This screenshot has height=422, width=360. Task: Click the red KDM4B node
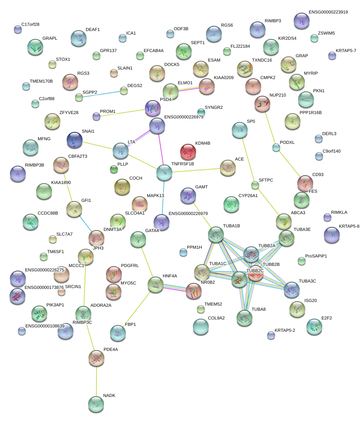click(x=188, y=152)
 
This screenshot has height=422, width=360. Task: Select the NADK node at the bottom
click(x=96, y=404)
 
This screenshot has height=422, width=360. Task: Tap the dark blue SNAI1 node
click(x=75, y=140)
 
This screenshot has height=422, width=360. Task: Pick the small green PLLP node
click(x=114, y=169)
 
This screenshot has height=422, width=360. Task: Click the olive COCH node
click(x=122, y=187)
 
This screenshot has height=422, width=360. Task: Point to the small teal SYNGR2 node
click(x=201, y=112)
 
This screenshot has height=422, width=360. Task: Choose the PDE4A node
click(x=96, y=358)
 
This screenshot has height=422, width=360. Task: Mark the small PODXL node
click(x=276, y=147)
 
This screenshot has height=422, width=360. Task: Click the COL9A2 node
click(x=201, y=327)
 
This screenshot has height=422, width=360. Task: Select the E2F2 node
click(x=314, y=327)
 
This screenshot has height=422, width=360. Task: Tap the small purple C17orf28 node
click(x=18, y=30)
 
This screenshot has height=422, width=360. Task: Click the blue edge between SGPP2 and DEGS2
click(x=101, y=94)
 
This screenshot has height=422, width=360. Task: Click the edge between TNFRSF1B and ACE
click(x=196, y=170)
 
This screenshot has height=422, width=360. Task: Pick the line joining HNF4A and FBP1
click(x=137, y=309)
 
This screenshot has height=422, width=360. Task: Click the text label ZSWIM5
click(x=326, y=33)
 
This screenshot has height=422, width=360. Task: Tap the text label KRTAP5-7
click(x=346, y=50)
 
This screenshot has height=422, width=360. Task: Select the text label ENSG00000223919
click(x=328, y=12)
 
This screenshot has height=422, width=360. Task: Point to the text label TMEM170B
click(x=41, y=81)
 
